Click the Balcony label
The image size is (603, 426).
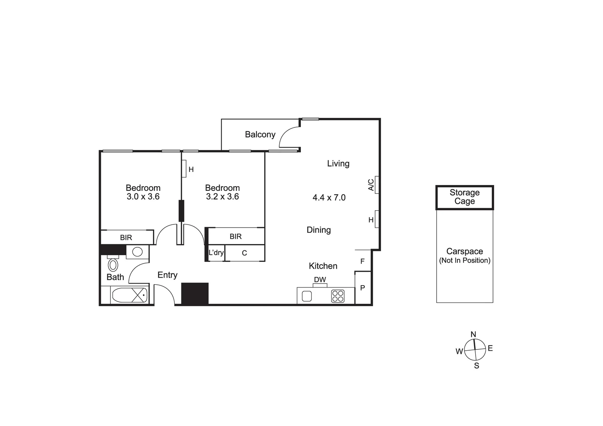coord(260,135)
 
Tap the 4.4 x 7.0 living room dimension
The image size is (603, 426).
coord(329,197)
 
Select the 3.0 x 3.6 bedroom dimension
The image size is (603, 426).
coord(143,196)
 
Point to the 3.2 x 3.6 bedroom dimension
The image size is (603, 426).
coord(222,196)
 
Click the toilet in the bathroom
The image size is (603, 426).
coord(113,264)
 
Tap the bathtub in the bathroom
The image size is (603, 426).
coord(130,295)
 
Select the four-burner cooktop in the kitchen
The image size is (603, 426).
coord(338,296)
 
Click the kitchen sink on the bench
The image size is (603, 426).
coord(307,296)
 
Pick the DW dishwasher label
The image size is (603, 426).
coord(320,280)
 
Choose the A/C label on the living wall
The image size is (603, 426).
coord(371,185)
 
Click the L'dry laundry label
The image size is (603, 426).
coord(216,252)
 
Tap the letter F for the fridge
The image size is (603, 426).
coord(362,261)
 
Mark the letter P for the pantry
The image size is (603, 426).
coord(362,288)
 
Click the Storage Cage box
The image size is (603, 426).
coord(465,197)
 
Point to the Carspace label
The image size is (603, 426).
coord(465,251)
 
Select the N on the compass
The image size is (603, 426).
coord(473,334)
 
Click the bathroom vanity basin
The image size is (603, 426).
coord(137,252)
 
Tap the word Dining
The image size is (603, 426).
coord(319,230)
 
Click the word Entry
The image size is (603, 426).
coord(167,275)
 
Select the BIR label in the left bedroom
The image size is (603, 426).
coord(126,237)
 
